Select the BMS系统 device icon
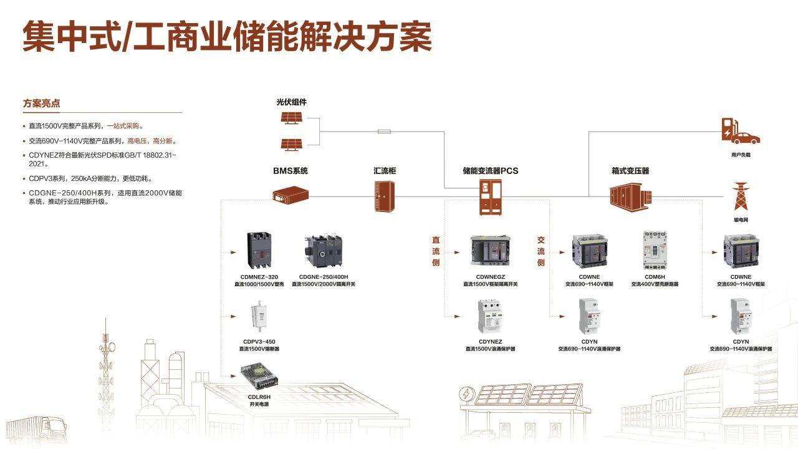tap(291, 196)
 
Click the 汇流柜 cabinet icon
tap(384, 196)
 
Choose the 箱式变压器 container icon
tap(630, 196)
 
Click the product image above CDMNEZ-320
tap(261, 252)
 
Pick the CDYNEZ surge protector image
tap(490, 317)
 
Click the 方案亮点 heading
tap(42, 104)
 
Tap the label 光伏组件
tap(292, 102)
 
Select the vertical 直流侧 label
tap(436, 251)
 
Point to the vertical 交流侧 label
tap(541, 251)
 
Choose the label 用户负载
tap(741, 155)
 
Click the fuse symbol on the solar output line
tap(385, 131)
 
